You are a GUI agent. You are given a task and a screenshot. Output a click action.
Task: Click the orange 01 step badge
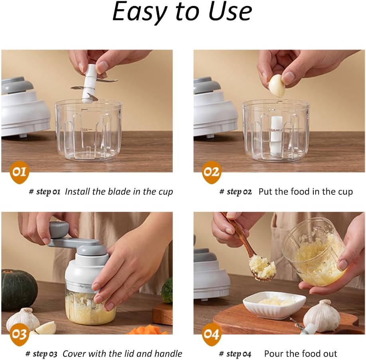(20, 172)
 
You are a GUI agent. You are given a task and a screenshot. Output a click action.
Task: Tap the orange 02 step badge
(212, 172)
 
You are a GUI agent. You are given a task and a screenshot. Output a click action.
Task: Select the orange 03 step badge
(20, 334)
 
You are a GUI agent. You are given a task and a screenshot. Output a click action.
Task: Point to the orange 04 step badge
(212, 334)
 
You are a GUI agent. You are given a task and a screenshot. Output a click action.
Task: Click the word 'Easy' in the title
(140, 12)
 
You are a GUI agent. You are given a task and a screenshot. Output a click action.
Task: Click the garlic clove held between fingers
(277, 86)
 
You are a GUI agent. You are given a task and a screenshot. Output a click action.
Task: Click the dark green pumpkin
(19, 289)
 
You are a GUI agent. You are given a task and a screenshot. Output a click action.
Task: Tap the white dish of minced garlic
(274, 304)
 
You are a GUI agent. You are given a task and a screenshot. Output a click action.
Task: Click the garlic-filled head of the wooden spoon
(262, 268)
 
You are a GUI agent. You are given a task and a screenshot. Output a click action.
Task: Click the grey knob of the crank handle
(59, 229)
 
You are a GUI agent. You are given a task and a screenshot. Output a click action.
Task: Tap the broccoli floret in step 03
(167, 290)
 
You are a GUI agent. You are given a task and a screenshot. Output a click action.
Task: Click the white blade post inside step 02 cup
(277, 135)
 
